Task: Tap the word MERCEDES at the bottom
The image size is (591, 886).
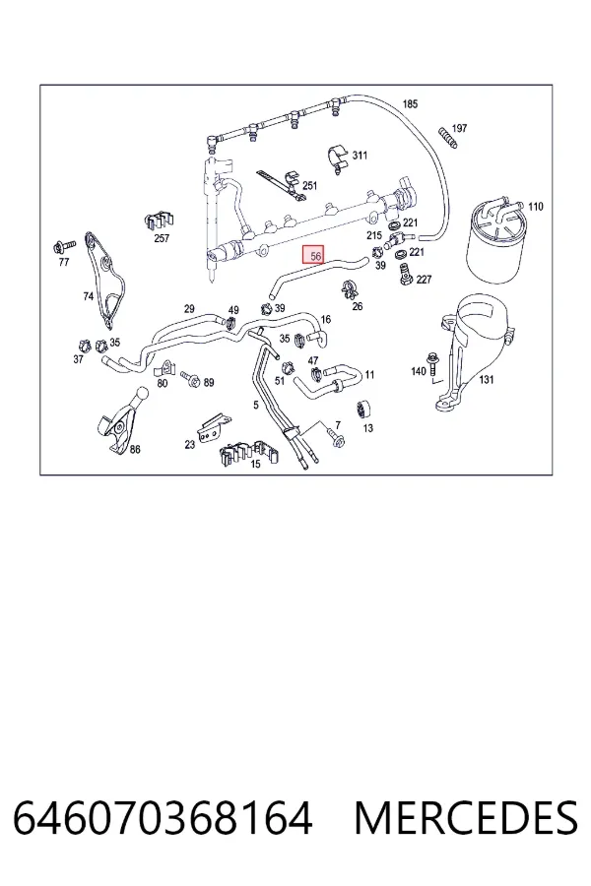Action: (466, 818)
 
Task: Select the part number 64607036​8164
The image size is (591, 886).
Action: (163, 818)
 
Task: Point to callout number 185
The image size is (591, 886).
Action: (410, 104)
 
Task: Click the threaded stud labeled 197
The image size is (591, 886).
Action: (447, 139)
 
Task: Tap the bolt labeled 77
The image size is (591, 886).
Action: (63, 246)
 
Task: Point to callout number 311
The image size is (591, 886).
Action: (360, 155)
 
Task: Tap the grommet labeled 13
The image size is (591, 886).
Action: (364, 409)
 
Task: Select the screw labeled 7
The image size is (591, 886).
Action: (335, 438)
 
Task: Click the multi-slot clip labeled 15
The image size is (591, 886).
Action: (249, 450)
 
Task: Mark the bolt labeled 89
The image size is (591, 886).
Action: (190, 378)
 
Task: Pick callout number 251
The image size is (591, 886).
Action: (309, 185)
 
